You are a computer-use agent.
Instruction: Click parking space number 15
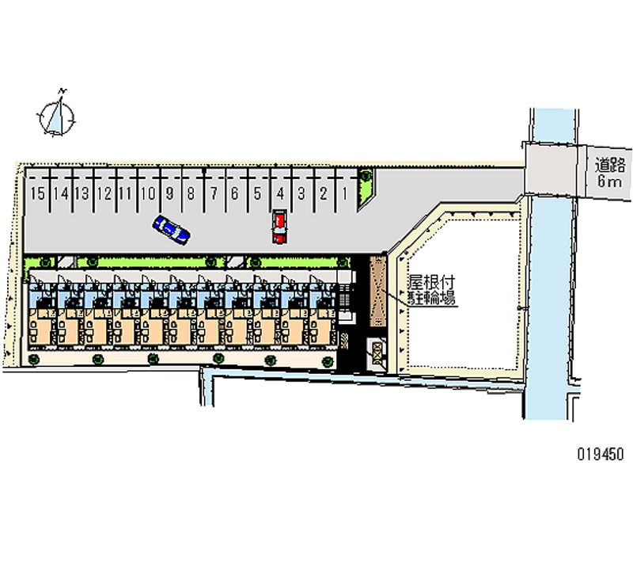36,193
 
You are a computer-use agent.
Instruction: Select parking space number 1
346,193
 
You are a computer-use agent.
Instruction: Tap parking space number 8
191,193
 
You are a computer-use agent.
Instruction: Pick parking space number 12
103,193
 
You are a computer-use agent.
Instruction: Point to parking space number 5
257,193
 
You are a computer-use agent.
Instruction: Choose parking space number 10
147,193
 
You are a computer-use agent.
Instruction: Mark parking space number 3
301,193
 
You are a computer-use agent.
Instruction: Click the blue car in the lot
172,229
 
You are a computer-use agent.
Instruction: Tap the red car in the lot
279,227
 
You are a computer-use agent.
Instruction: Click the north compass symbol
58,116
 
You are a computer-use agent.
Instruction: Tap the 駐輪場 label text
431,297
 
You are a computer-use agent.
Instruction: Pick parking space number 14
59,193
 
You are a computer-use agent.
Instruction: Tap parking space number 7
213,193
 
